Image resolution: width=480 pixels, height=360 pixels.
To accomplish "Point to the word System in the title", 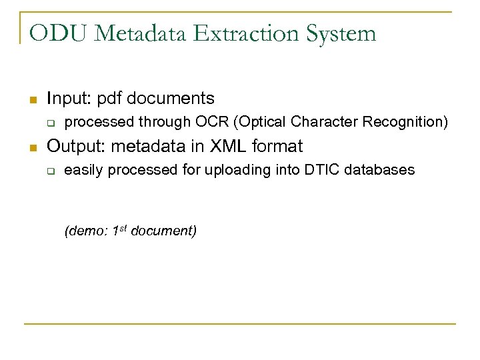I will [342, 33].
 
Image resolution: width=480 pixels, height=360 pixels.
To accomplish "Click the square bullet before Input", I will [31, 100].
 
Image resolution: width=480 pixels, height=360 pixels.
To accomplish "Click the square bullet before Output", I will [31, 147].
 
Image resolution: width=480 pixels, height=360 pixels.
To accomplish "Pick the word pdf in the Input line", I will [110, 99].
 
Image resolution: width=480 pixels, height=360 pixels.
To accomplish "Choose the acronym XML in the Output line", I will [228, 146].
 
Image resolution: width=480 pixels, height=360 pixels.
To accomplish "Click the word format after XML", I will [279, 146].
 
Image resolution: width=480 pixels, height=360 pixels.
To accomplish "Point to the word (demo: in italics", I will [87, 231].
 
